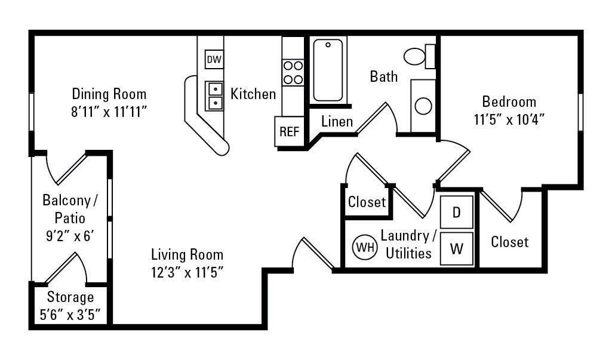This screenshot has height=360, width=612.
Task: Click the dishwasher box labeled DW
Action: click(x=214, y=60)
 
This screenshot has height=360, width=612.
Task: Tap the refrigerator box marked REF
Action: click(x=289, y=131)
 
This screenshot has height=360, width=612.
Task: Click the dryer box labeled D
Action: click(x=457, y=213)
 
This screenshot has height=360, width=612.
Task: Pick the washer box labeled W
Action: click(x=457, y=248)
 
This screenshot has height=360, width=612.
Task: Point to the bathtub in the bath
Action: click(x=328, y=70)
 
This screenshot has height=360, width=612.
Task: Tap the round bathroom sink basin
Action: click(x=423, y=106)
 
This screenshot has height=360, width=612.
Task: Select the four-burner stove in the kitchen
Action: click(x=293, y=72)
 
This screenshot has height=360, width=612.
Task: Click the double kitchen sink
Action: click(x=214, y=96)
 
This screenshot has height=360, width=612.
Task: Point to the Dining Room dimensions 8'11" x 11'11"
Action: click(x=109, y=112)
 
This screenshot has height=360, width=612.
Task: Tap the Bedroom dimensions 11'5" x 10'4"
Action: click(x=509, y=119)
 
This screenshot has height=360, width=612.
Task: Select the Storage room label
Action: click(x=70, y=297)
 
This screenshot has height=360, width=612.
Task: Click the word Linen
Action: click(x=337, y=121)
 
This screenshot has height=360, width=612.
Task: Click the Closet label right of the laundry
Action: click(x=510, y=242)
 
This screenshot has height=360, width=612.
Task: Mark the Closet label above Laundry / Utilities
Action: click(x=367, y=202)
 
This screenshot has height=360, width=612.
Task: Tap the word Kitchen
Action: click(x=253, y=94)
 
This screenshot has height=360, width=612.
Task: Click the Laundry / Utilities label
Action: click(x=408, y=244)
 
